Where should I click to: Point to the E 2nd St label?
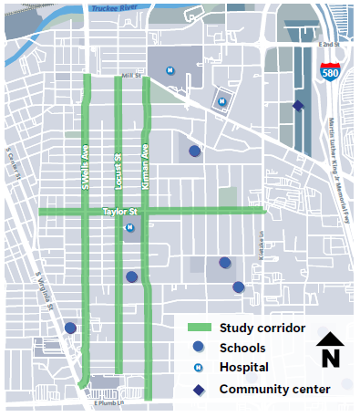328,44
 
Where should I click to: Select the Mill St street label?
132,77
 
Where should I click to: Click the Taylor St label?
119,211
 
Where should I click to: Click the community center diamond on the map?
297,107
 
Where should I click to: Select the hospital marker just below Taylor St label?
129,228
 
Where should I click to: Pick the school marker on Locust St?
131,276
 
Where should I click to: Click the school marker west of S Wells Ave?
70,328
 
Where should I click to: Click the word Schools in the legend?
242,348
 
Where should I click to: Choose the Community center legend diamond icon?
199,390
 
